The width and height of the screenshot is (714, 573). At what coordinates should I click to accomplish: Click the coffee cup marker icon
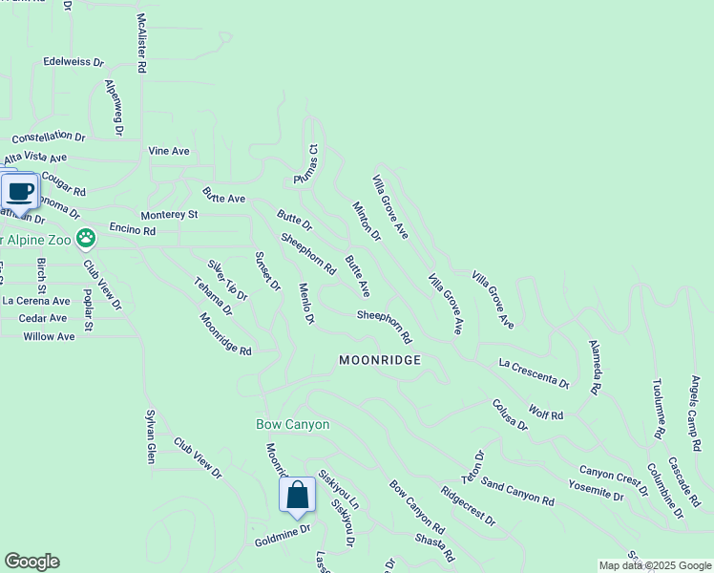coord(20,191)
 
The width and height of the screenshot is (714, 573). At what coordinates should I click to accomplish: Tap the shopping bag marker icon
coord(297,495)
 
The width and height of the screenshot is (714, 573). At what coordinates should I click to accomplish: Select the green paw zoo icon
coord(86,236)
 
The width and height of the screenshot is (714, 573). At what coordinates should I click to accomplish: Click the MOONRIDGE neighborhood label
coord(379,360)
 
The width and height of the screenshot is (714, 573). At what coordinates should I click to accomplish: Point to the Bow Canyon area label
coord(293,424)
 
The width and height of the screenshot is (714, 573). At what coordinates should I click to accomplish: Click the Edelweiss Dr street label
coord(73,61)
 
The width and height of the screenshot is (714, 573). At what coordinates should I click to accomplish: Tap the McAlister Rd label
coord(141,43)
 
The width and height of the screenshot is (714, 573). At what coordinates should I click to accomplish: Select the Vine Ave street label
coord(169,151)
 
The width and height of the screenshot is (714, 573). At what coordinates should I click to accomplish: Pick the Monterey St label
coord(169,215)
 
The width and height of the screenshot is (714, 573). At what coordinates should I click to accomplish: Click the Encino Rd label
coord(132,230)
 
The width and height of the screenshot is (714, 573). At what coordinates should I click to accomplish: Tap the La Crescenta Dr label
coord(534,372)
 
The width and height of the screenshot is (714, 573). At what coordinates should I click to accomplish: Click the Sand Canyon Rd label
coord(516,493)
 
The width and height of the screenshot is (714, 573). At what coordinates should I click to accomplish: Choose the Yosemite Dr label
coord(598,491)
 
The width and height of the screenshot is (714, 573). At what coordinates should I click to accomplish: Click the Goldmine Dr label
coord(283,536)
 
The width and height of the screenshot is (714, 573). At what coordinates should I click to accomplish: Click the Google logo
coord(31,562)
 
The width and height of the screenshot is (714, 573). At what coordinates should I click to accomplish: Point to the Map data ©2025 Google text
coord(654,565)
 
